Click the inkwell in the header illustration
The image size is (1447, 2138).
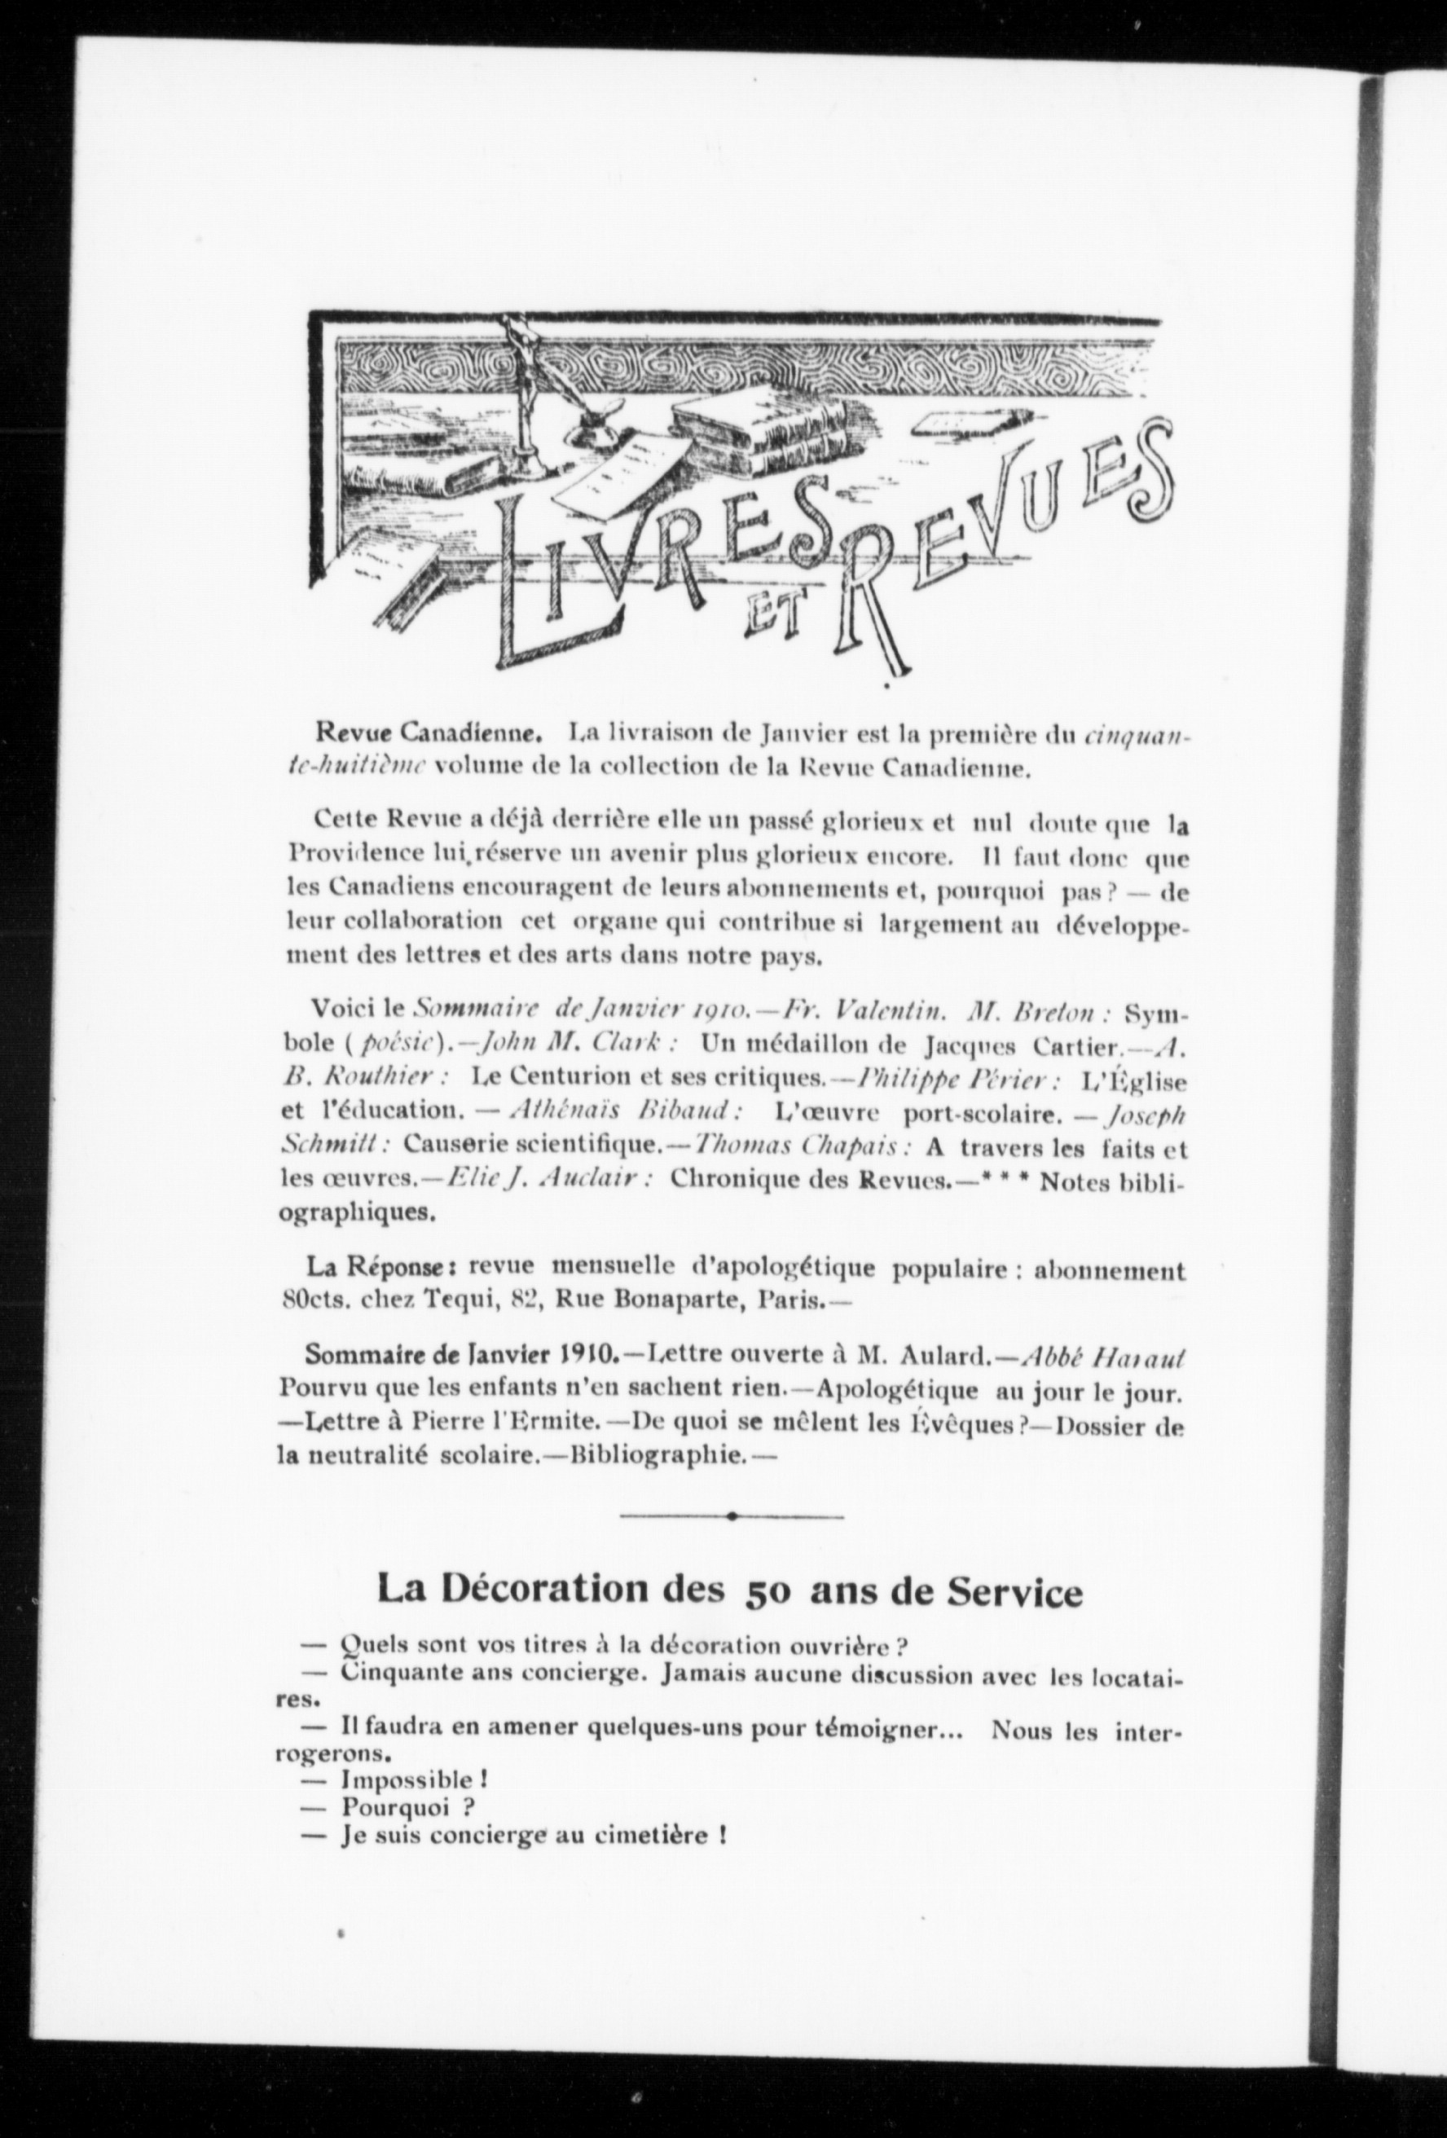pos(598,429)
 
